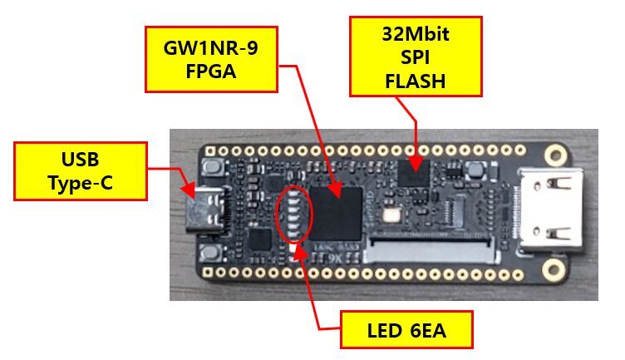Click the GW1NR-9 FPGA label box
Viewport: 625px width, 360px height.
(211, 59)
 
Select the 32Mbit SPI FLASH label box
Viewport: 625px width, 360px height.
(416, 57)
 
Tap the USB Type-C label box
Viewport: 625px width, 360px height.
(81, 171)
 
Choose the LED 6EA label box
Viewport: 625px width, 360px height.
(406, 330)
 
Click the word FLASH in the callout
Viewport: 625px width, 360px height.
(416, 81)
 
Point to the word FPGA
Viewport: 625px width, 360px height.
(211, 72)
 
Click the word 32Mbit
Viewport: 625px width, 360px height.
(416, 34)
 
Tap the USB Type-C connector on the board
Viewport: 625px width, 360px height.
(206, 210)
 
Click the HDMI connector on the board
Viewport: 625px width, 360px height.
(551, 210)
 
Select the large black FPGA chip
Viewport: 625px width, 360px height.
(336, 214)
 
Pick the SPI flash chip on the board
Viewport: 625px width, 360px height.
(414, 174)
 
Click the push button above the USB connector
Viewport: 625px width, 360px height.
(212, 167)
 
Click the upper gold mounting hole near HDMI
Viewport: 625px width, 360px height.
(555, 155)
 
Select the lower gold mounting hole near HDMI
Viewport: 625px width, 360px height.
(554, 269)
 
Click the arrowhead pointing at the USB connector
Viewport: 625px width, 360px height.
(188, 190)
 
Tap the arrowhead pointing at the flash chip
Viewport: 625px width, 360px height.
(416, 164)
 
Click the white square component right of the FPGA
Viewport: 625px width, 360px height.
(391, 215)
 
